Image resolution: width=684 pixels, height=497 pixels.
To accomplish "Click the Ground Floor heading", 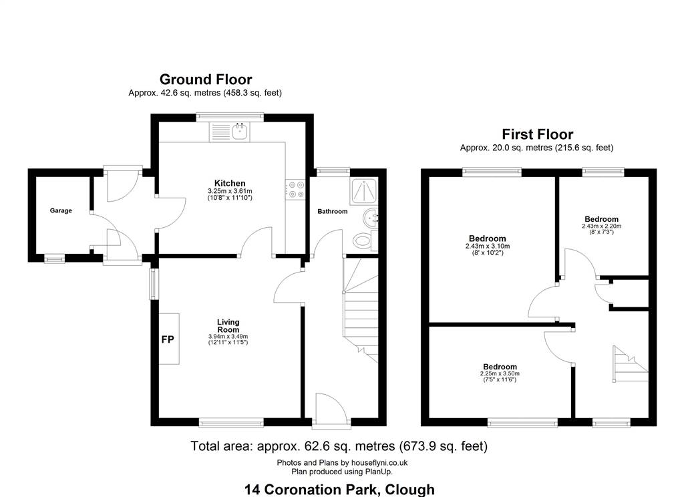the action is [206, 79].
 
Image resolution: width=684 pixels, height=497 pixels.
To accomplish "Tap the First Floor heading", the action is [537, 134].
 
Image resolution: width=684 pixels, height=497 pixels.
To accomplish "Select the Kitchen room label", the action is [230, 183].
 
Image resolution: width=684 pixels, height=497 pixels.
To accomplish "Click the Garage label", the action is [61, 210].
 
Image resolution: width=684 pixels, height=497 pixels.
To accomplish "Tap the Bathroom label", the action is [333, 211].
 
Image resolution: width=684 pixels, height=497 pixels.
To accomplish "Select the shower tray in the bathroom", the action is [363, 190].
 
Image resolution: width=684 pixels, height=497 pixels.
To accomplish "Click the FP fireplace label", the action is [168, 339].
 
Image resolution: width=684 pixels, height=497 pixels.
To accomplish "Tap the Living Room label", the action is [228, 325].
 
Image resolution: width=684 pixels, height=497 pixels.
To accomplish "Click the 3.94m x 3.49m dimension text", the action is [228, 337].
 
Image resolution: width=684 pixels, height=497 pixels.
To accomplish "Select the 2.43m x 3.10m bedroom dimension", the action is [488, 246].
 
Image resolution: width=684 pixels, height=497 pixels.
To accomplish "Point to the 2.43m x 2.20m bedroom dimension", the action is [602, 226].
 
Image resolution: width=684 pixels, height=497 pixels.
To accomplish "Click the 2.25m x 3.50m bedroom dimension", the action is [500, 373].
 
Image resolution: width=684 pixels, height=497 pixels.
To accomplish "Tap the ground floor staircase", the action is [361, 310].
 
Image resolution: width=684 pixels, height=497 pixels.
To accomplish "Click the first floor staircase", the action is [631, 364].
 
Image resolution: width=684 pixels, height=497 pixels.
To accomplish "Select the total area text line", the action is [339, 446].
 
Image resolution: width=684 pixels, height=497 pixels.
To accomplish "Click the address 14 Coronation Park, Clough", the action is [339, 490].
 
